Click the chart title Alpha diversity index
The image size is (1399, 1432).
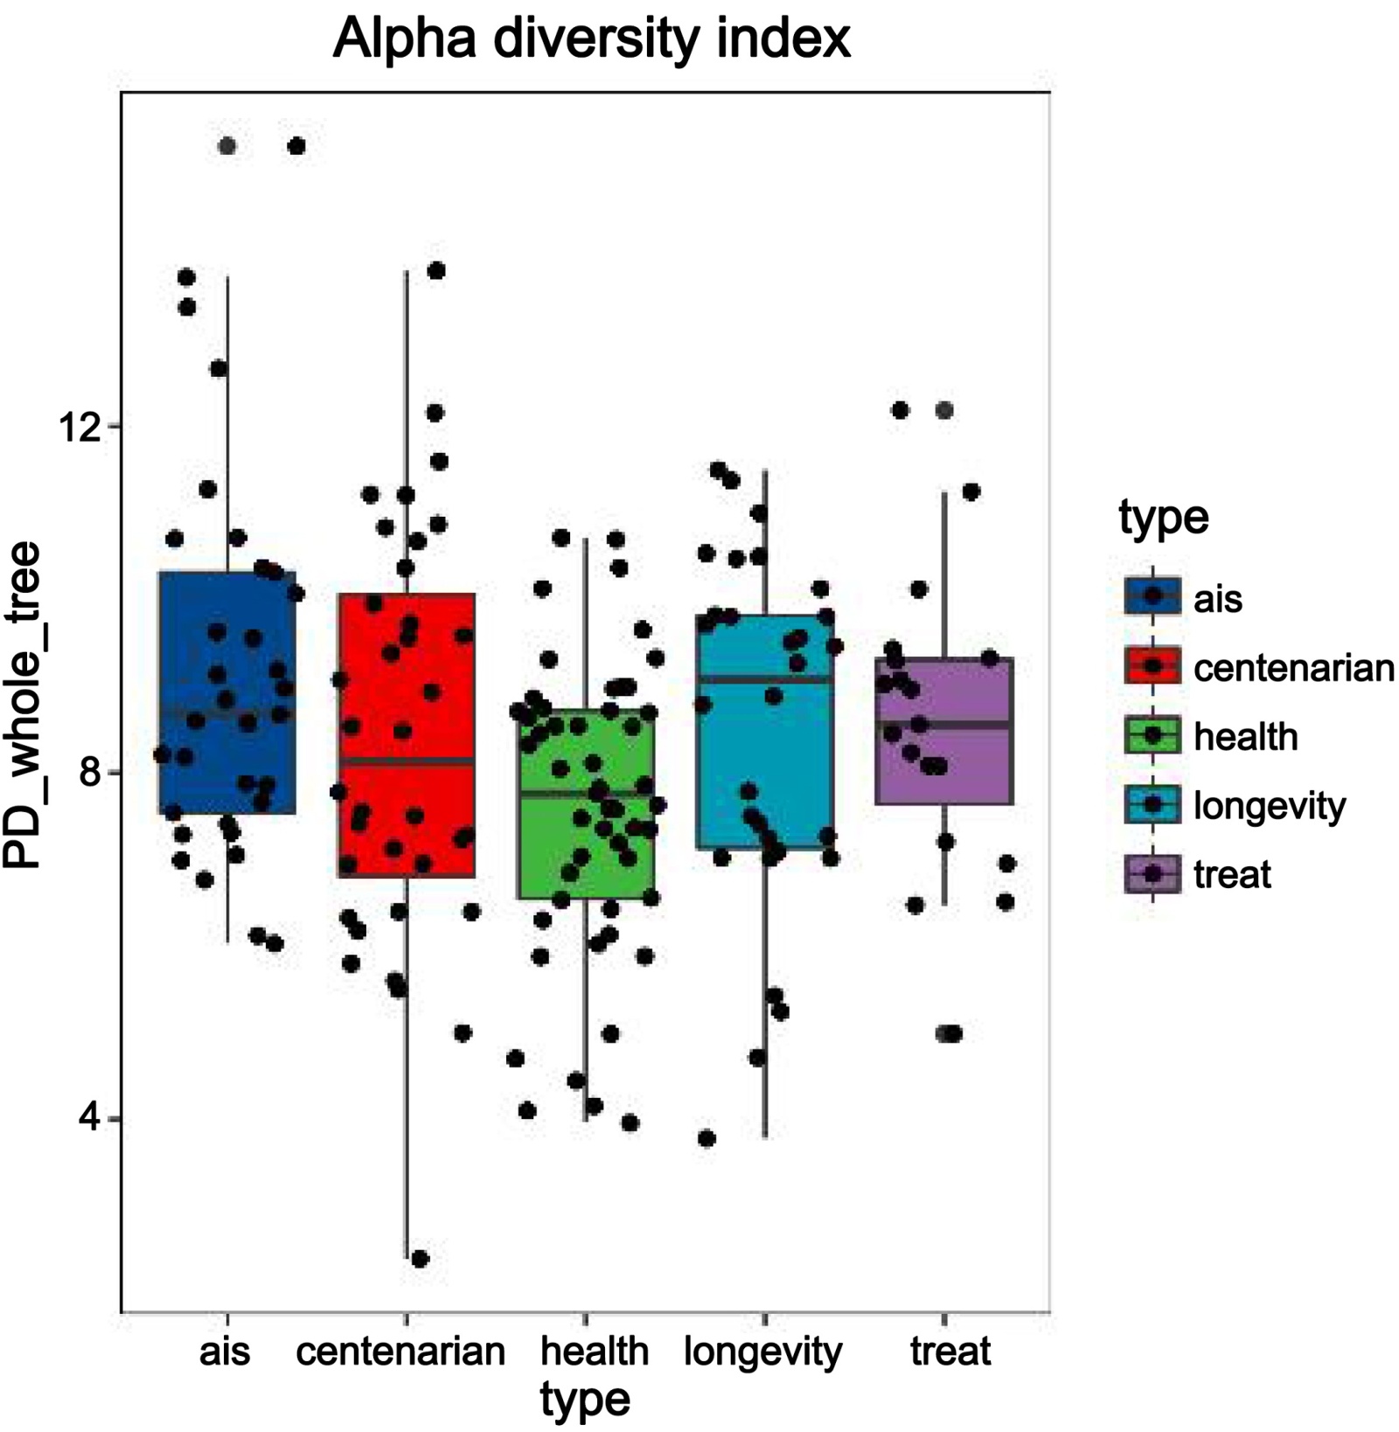point(591,39)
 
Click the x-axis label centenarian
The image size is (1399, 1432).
point(400,1351)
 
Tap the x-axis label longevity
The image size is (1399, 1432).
point(762,1351)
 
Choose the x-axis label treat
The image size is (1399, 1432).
point(950,1351)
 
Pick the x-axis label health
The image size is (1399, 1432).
point(595,1351)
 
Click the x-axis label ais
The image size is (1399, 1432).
point(225,1351)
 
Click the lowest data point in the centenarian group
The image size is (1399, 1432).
point(420,1259)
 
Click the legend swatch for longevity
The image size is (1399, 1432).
point(1152,805)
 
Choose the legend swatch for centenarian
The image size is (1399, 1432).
point(1152,666)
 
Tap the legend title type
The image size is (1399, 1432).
point(1163,518)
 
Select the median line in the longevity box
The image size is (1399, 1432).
point(765,678)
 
